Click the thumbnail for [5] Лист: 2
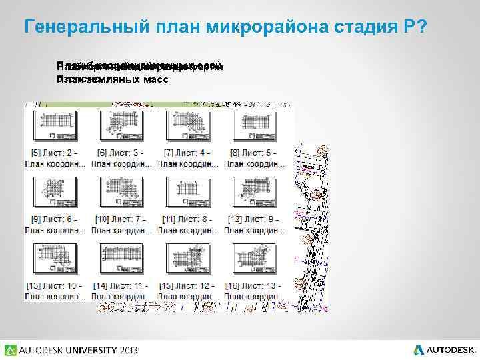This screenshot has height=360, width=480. [55, 126]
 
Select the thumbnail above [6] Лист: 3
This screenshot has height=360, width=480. [121, 126]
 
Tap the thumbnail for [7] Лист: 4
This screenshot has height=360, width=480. [187, 126]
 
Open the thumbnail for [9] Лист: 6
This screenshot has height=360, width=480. [55, 193]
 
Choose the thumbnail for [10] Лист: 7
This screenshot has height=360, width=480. [121, 193]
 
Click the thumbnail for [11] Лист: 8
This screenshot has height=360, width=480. [187, 193]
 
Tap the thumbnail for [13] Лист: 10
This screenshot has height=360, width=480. [55, 259]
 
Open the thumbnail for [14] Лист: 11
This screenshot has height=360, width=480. [121, 259]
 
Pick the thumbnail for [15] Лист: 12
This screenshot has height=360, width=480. [187, 259]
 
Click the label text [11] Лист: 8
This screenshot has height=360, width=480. [187, 219]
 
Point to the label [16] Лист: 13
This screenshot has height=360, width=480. [254, 286]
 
